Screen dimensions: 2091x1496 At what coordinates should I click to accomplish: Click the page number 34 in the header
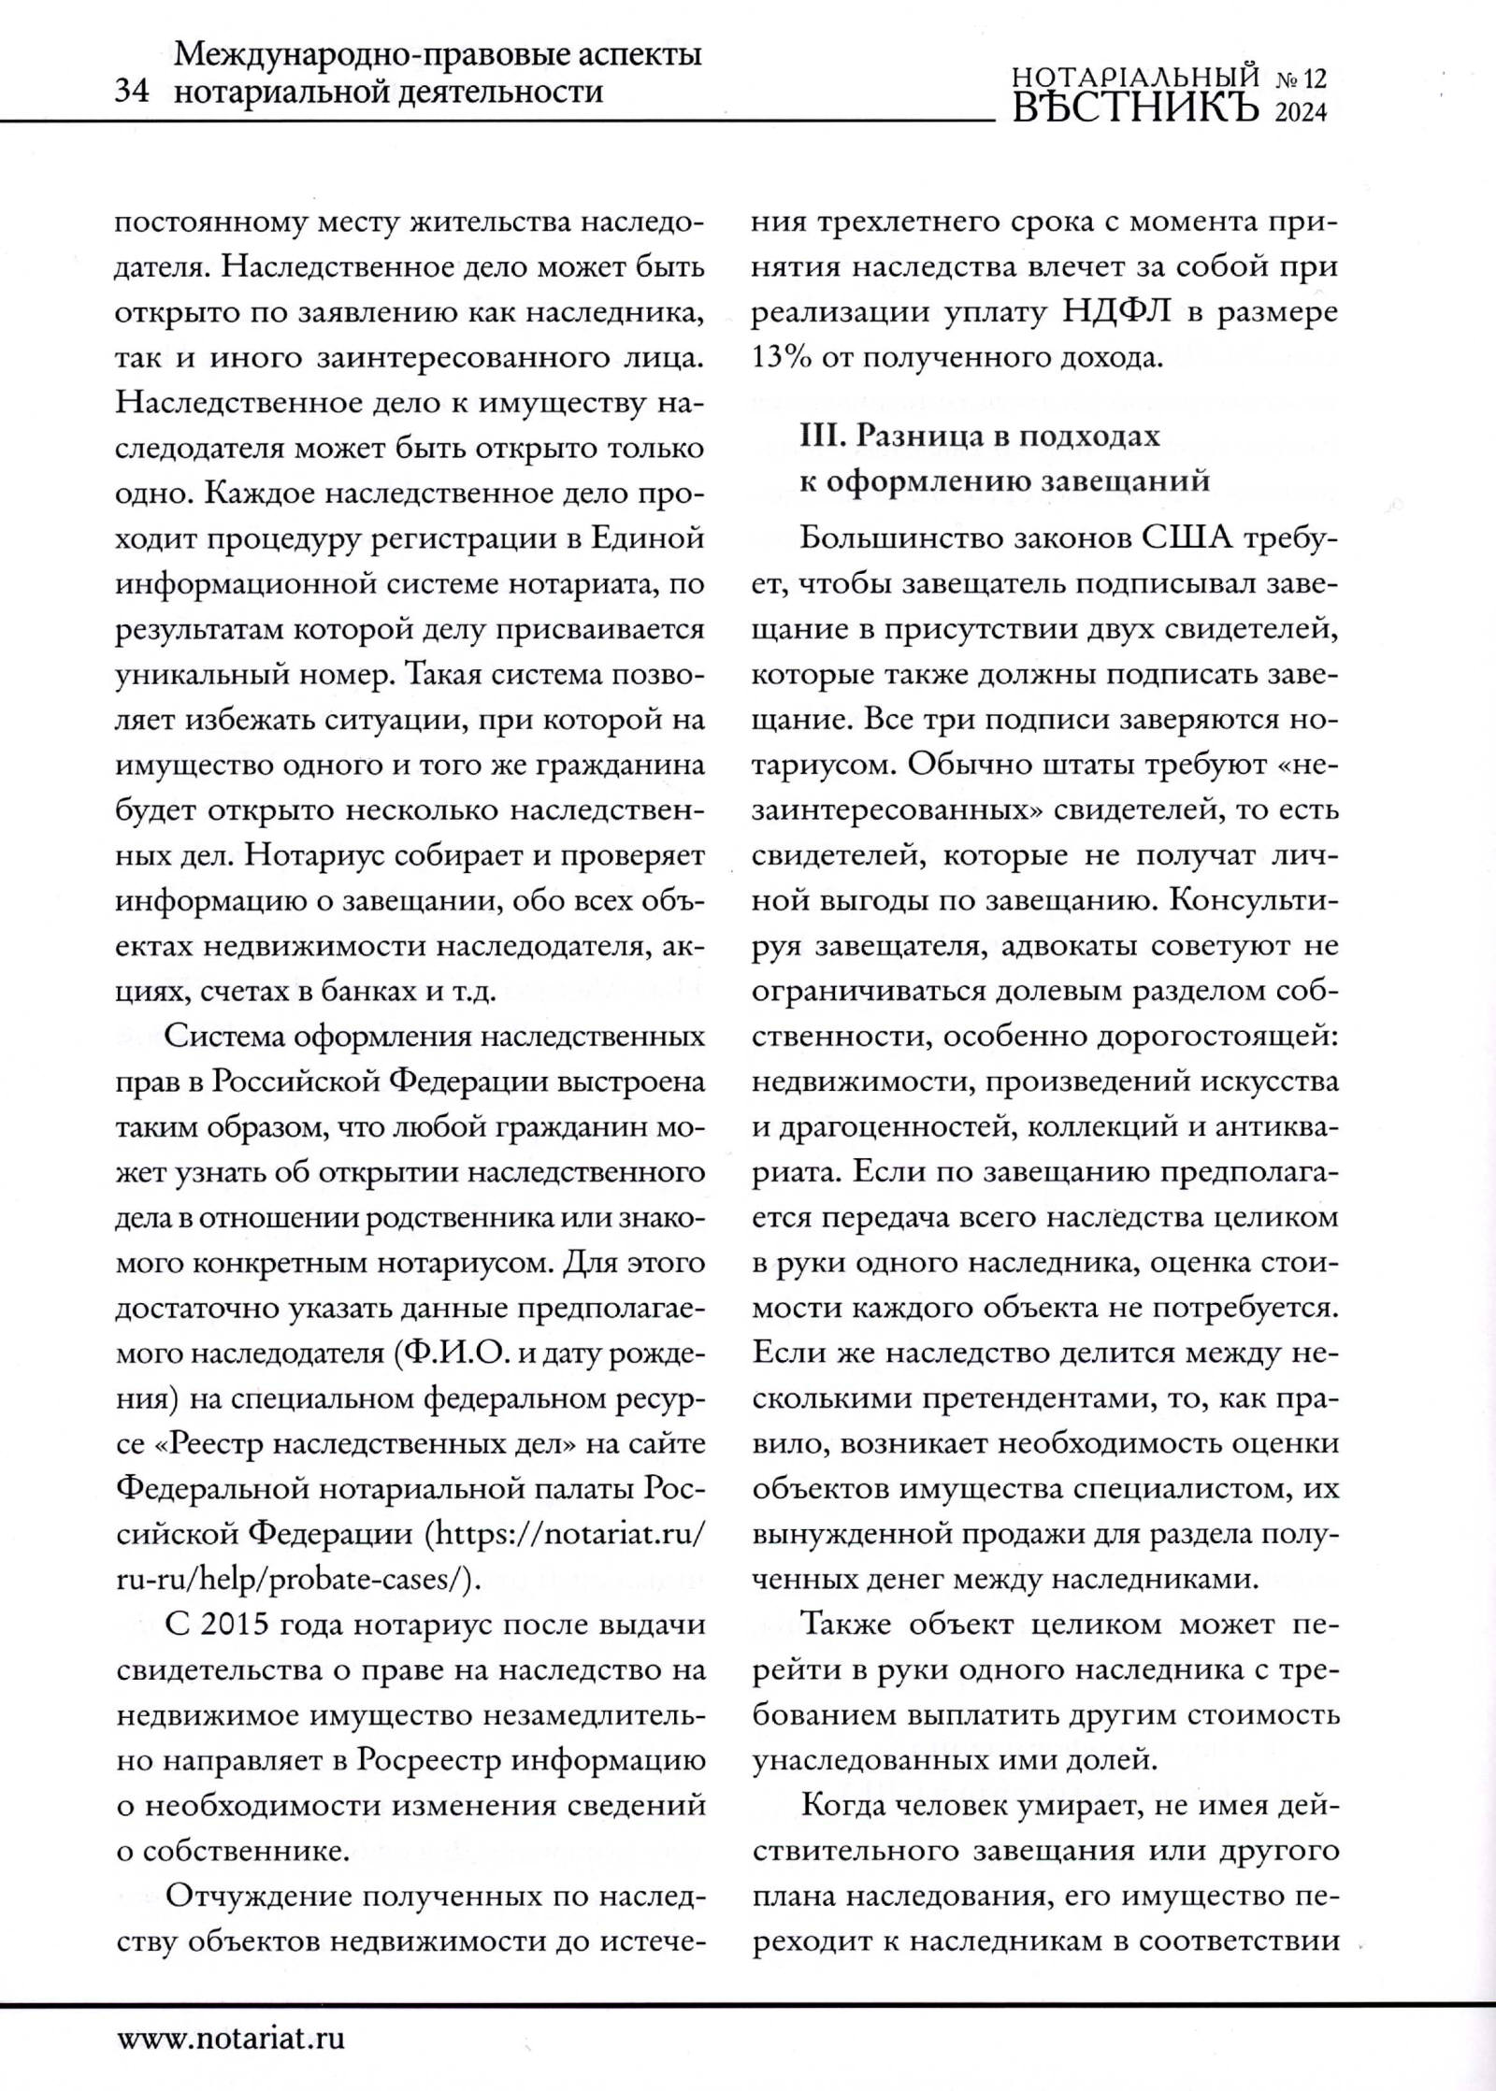tap(131, 93)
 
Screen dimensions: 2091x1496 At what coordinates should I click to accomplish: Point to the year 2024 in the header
tap(1302, 113)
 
